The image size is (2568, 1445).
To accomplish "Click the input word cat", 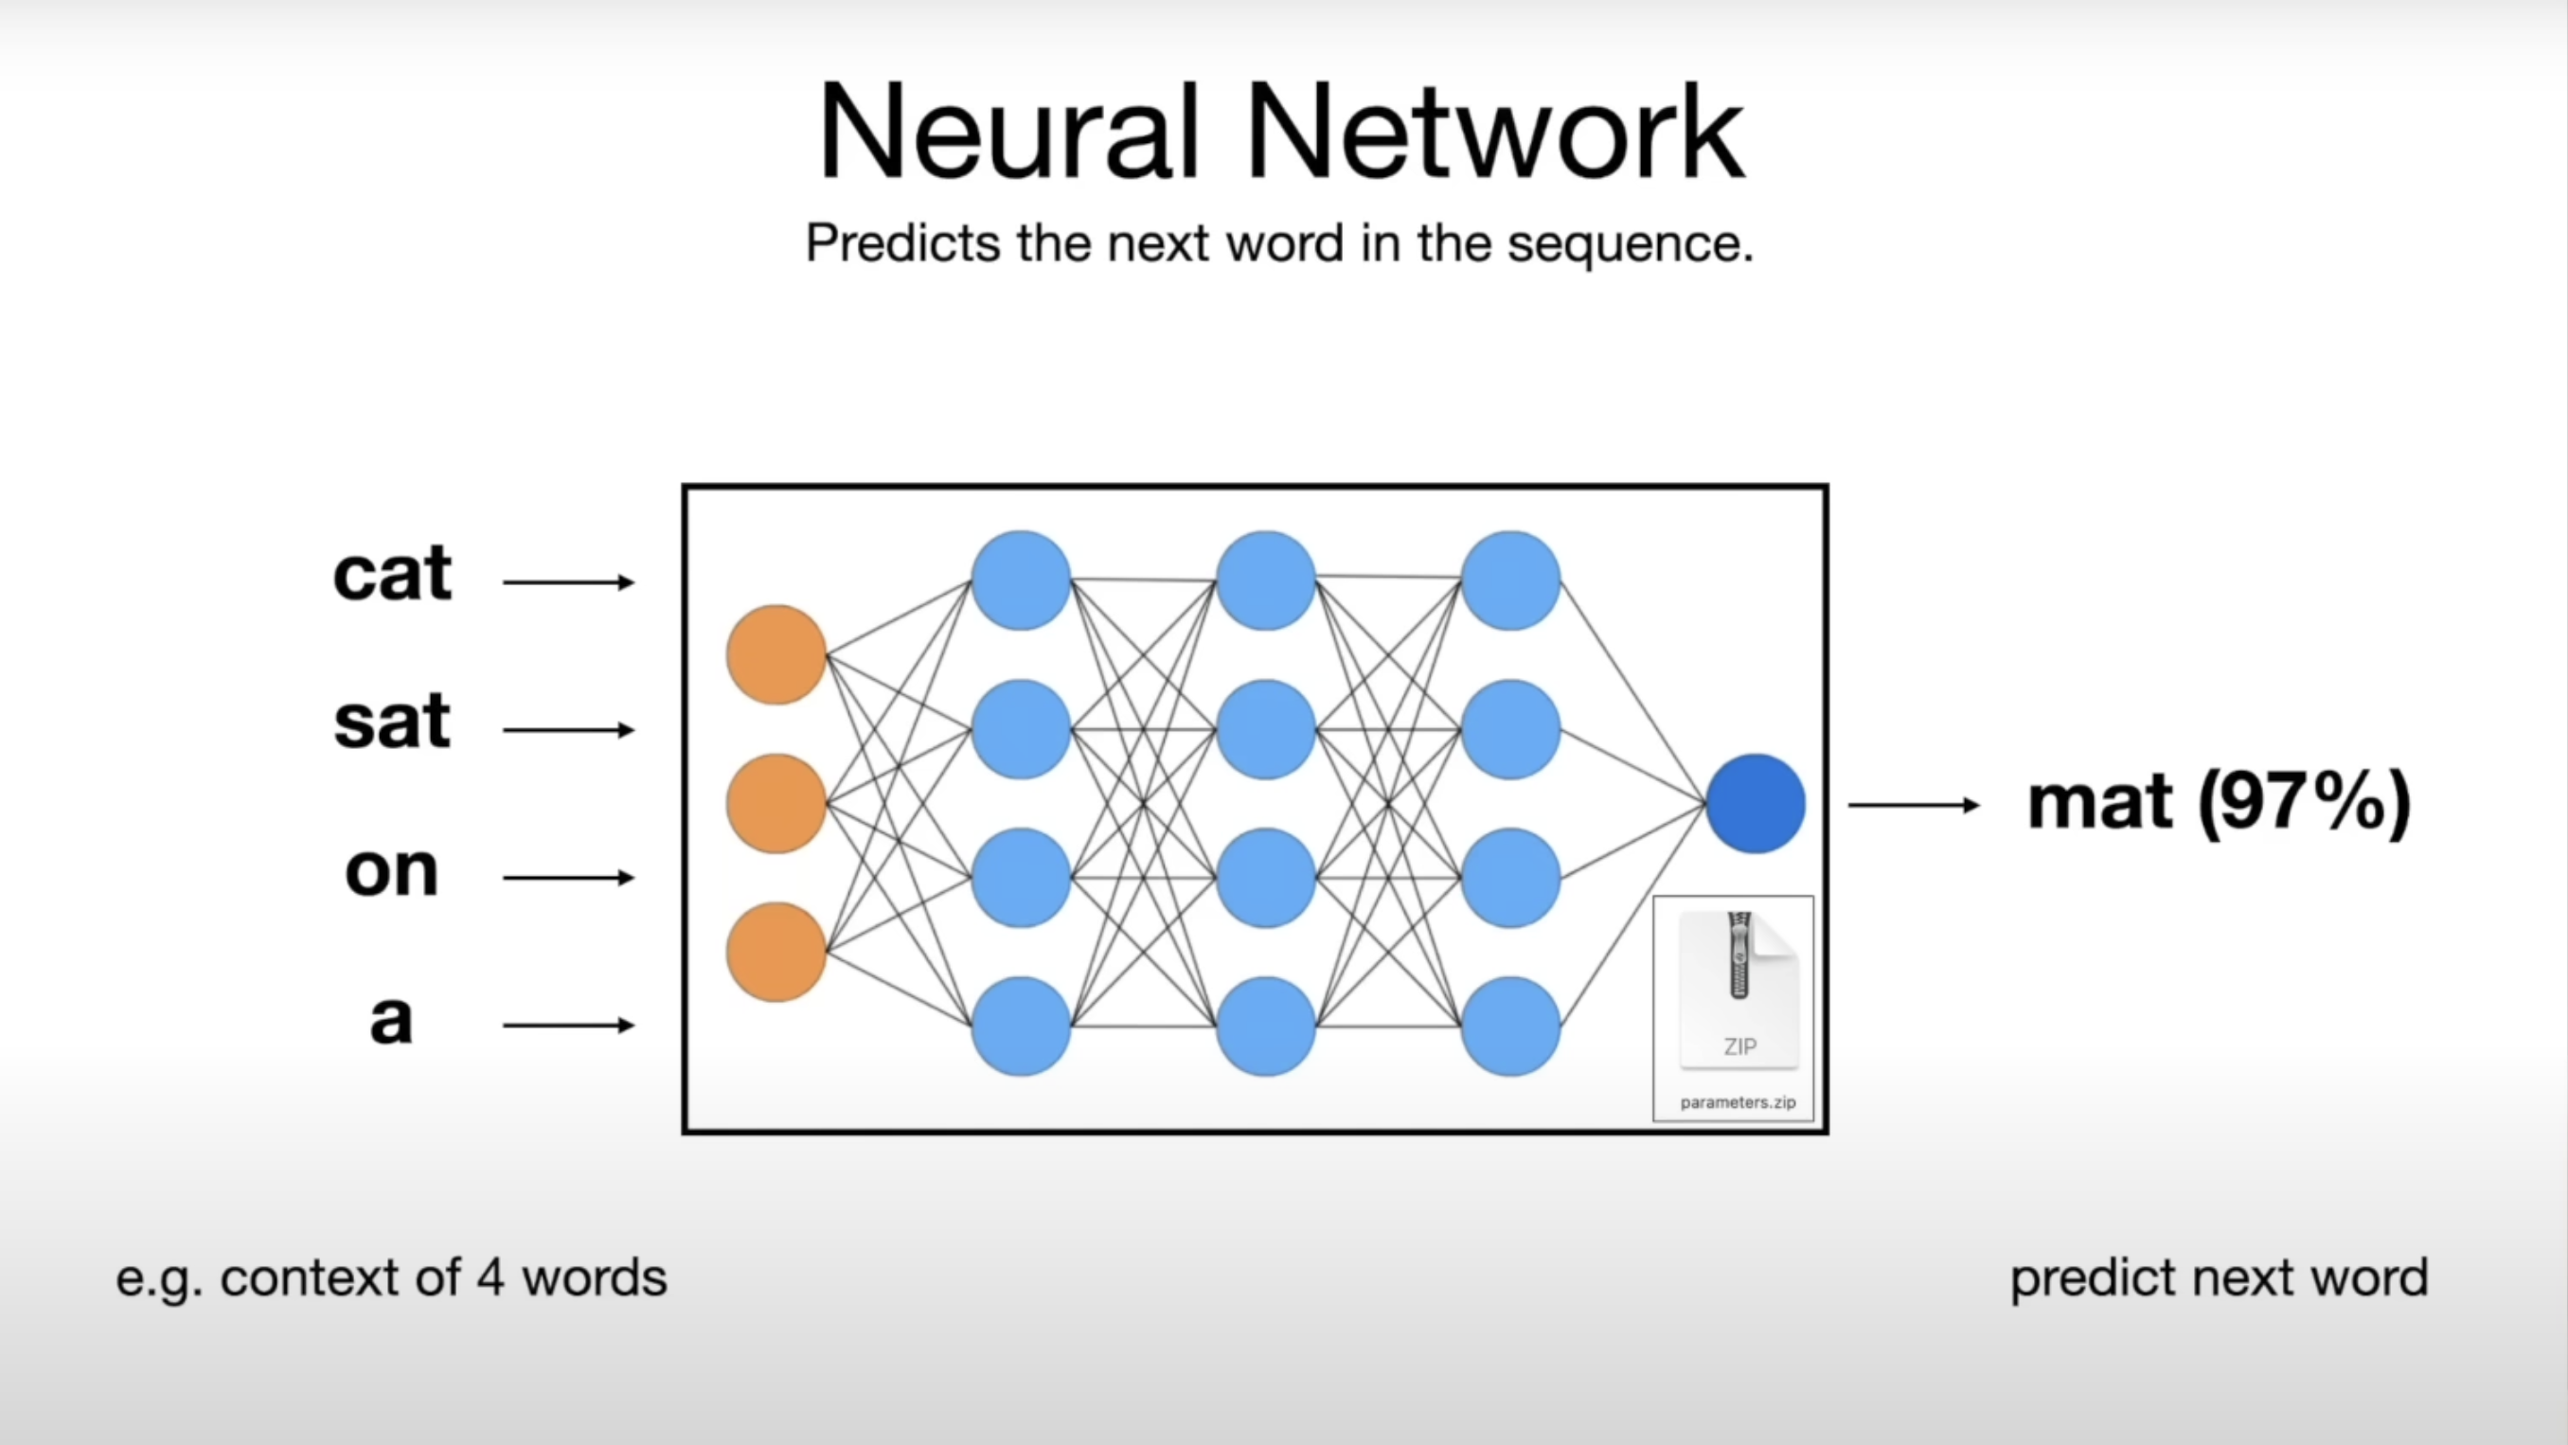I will click(x=392, y=576).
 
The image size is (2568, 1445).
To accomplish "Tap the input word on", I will click(x=391, y=871).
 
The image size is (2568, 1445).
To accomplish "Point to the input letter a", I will click(x=391, y=1019).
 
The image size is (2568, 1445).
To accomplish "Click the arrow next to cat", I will click(x=568, y=581).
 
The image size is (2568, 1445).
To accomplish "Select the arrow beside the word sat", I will click(x=568, y=730).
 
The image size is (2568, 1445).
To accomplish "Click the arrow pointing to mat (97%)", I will click(x=1913, y=805).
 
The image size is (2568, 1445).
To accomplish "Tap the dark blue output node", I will click(x=1755, y=804).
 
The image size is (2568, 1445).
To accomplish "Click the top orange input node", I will click(x=776, y=655).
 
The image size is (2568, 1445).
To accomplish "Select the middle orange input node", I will click(x=776, y=804).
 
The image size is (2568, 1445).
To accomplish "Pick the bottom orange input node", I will click(x=776, y=952).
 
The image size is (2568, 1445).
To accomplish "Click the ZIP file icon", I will click(x=1739, y=988).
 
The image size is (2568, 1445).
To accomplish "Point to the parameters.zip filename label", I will click(x=1738, y=1102).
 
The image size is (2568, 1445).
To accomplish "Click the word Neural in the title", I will click(x=1007, y=133).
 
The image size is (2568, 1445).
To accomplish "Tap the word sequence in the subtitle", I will click(x=1629, y=244).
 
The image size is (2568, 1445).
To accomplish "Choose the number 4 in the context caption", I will click(x=490, y=1278).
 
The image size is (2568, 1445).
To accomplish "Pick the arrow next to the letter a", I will click(x=568, y=1026).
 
